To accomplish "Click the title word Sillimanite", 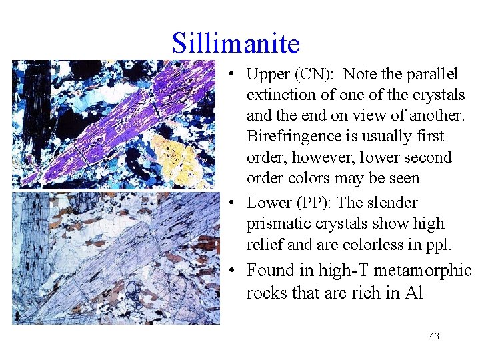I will (x=236, y=43).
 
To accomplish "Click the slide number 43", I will (x=435, y=336).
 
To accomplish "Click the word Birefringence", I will (x=288, y=137).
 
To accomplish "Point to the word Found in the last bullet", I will (x=269, y=271).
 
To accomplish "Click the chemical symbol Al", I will (x=413, y=293).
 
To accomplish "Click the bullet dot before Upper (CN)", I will (x=229, y=75).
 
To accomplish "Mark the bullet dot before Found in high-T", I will (x=229, y=271).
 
